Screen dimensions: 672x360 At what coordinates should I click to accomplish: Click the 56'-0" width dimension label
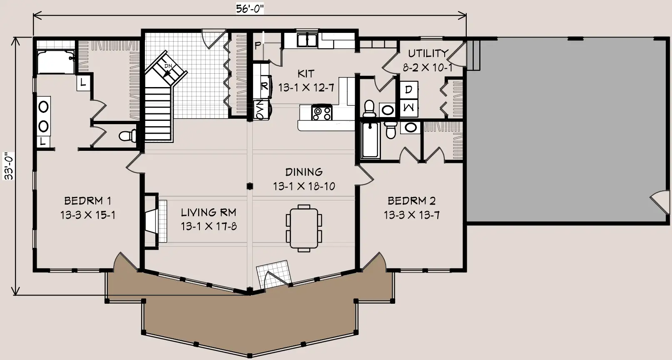pos(249,9)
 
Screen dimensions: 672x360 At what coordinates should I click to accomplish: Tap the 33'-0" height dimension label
pos(9,166)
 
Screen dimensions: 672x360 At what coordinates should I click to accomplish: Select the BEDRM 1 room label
pos(87,200)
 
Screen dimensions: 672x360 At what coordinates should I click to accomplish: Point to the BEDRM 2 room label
pos(412,200)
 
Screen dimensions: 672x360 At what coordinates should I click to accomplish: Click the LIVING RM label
pos(209,212)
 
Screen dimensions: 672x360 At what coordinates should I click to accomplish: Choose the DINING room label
pos(304,172)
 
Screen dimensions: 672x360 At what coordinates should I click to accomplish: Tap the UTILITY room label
pos(428,53)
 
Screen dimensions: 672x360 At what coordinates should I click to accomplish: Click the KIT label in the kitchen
pos(306,74)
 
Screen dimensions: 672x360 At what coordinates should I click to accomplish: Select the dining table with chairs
pos(304,228)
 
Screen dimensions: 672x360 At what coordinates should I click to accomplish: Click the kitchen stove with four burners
pos(321,112)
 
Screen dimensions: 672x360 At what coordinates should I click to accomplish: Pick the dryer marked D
pos(408,90)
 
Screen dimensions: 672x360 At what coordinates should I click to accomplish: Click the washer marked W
pos(408,108)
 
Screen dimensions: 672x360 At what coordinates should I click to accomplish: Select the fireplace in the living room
pos(155,221)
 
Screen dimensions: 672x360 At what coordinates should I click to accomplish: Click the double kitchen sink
pos(307,40)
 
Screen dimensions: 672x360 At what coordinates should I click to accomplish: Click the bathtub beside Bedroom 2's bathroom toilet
pos(370,140)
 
